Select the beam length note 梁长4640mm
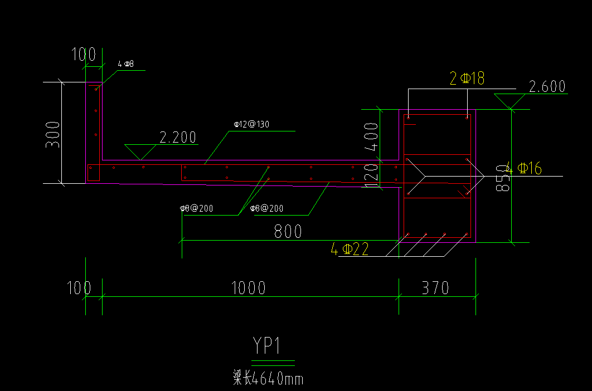[268, 379]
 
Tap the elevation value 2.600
[547, 87]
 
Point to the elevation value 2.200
[178, 138]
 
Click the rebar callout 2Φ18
[467, 79]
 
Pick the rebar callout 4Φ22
[350, 249]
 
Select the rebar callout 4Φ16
[524, 168]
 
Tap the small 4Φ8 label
[125, 64]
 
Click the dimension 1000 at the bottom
[249, 288]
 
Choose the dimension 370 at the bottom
[435, 288]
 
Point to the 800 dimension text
[288, 231]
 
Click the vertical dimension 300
[53, 134]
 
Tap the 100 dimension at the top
[84, 55]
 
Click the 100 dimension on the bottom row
[79, 288]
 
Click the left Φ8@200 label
[196, 208]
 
